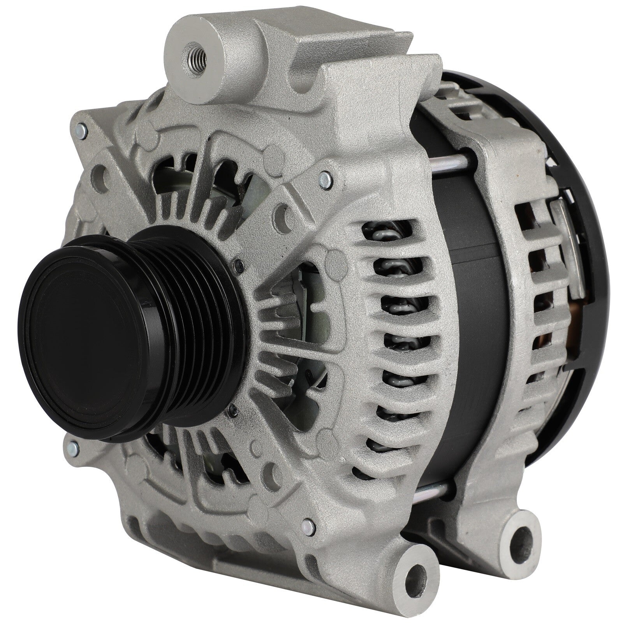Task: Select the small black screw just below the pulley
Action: [233, 408]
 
